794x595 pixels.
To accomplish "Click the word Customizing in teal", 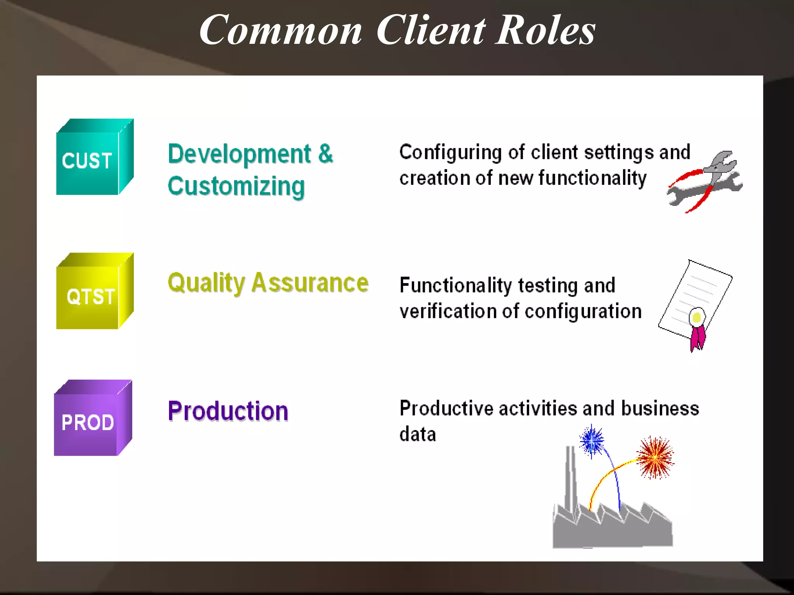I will coord(236,187).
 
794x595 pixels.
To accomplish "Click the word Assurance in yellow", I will coord(310,283).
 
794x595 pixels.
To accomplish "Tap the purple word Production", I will coord(228,411).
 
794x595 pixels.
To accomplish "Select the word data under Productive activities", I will coord(418,434).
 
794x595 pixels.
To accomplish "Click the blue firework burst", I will coord(592,441).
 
